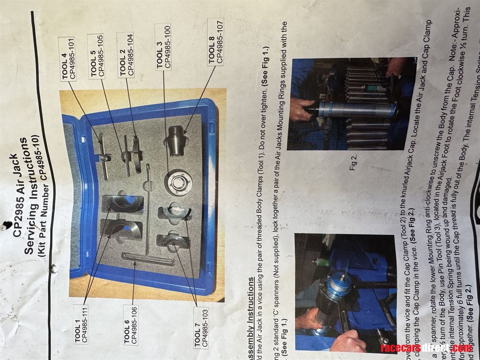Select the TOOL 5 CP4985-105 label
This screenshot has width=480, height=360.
pyautogui.click(x=97, y=55)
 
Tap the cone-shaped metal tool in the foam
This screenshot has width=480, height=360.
pyautogui.click(x=177, y=141)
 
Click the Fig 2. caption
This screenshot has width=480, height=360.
pyautogui.click(x=354, y=162)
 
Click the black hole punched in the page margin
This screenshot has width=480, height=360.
pyautogui.click(x=6, y=226)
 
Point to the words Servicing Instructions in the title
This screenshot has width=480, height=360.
pyautogui.click(x=32, y=196)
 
